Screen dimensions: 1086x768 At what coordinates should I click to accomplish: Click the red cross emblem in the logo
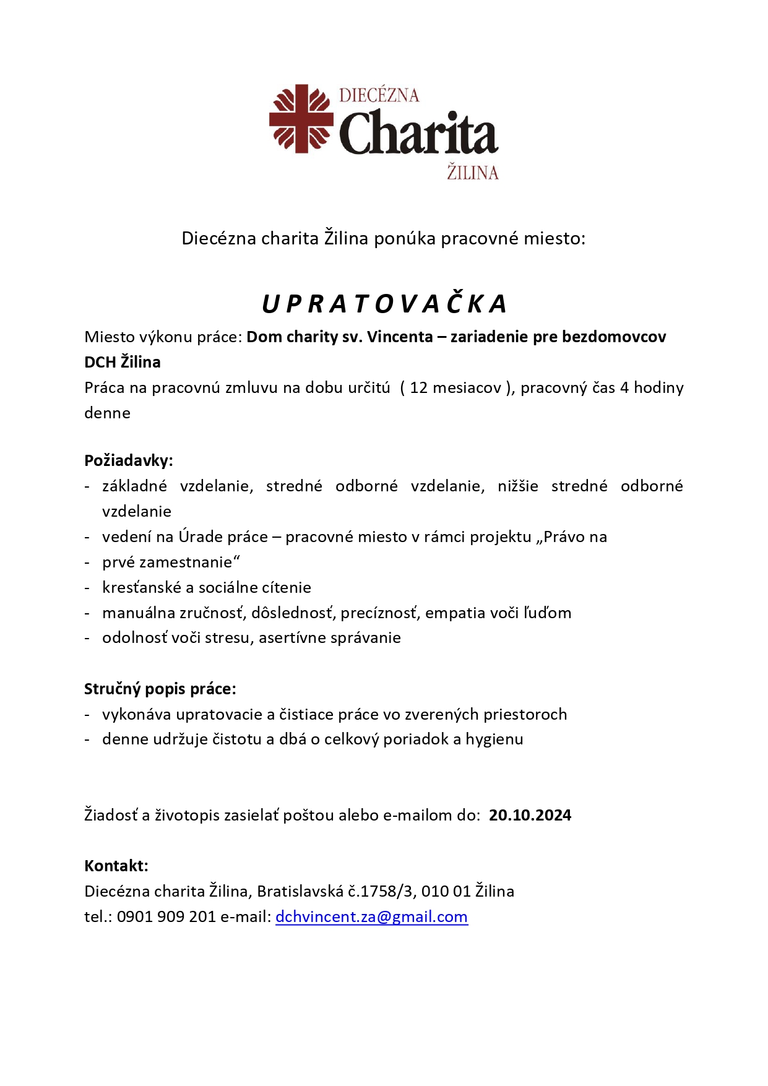301,118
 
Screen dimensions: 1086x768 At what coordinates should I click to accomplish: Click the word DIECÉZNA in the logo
379,95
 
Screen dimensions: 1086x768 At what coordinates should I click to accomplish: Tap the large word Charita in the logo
418,134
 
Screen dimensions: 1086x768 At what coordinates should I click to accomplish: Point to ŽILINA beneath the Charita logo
472,172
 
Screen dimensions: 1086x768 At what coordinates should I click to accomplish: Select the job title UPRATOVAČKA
384,304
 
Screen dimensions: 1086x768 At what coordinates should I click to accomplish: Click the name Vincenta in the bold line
400,337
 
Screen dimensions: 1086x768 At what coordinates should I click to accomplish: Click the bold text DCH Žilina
123,363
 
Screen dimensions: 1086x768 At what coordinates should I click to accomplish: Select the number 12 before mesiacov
418,388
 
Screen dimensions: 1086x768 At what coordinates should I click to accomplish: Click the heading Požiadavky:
129,460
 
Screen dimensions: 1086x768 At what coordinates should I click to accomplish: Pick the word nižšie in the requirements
517,486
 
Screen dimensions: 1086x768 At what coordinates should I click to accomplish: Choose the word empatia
455,613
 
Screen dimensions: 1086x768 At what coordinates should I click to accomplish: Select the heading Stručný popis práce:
160,689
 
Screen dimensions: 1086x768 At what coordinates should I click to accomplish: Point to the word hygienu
494,739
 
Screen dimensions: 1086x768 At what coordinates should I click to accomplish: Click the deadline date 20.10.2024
530,816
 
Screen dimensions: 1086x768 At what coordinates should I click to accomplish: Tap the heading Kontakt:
116,866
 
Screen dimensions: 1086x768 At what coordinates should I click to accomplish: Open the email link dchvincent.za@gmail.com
371,917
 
